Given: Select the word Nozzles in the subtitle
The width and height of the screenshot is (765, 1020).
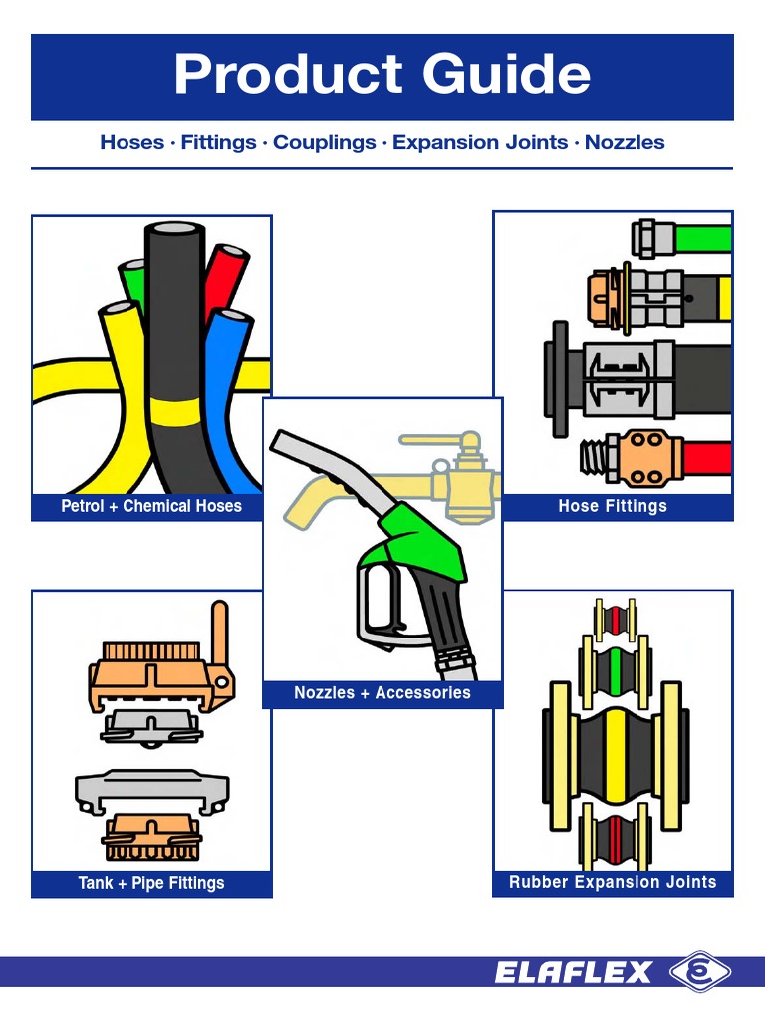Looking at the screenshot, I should (x=625, y=142).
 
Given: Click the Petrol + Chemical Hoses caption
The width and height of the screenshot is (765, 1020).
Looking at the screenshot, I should (x=151, y=506).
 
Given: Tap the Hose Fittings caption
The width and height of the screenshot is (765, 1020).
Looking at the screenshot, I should (x=613, y=506).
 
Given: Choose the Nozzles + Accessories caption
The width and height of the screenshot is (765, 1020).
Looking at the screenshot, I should (x=382, y=692).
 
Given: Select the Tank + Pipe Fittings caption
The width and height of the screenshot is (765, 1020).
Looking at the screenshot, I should (x=151, y=883).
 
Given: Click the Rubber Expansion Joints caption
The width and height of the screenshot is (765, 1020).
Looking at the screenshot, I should (x=613, y=882).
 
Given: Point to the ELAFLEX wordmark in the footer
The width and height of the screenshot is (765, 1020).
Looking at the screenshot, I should (x=574, y=972).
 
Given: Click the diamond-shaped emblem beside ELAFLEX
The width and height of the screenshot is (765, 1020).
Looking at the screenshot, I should (x=699, y=972).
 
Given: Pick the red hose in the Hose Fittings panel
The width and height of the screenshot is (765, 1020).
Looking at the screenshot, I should (x=707, y=459).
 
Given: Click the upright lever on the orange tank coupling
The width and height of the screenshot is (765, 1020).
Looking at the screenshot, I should (x=219, y=637).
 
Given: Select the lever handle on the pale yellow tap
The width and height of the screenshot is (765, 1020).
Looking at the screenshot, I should (x=438, y=439).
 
